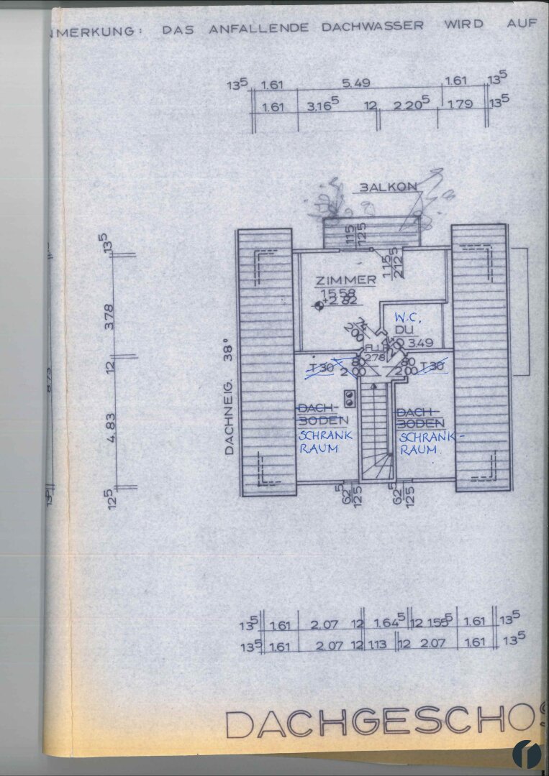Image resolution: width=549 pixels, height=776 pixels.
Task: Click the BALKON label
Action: click(389, 187)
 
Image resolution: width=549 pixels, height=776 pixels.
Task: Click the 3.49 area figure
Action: click(420, 343)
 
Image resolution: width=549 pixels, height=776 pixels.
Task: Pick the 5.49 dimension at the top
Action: click(356, 83)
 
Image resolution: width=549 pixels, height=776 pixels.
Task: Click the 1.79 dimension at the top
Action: click(460, 104)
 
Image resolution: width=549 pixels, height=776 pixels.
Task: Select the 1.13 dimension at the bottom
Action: click(378, 644)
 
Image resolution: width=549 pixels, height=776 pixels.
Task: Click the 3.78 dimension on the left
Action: click(110, 316)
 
